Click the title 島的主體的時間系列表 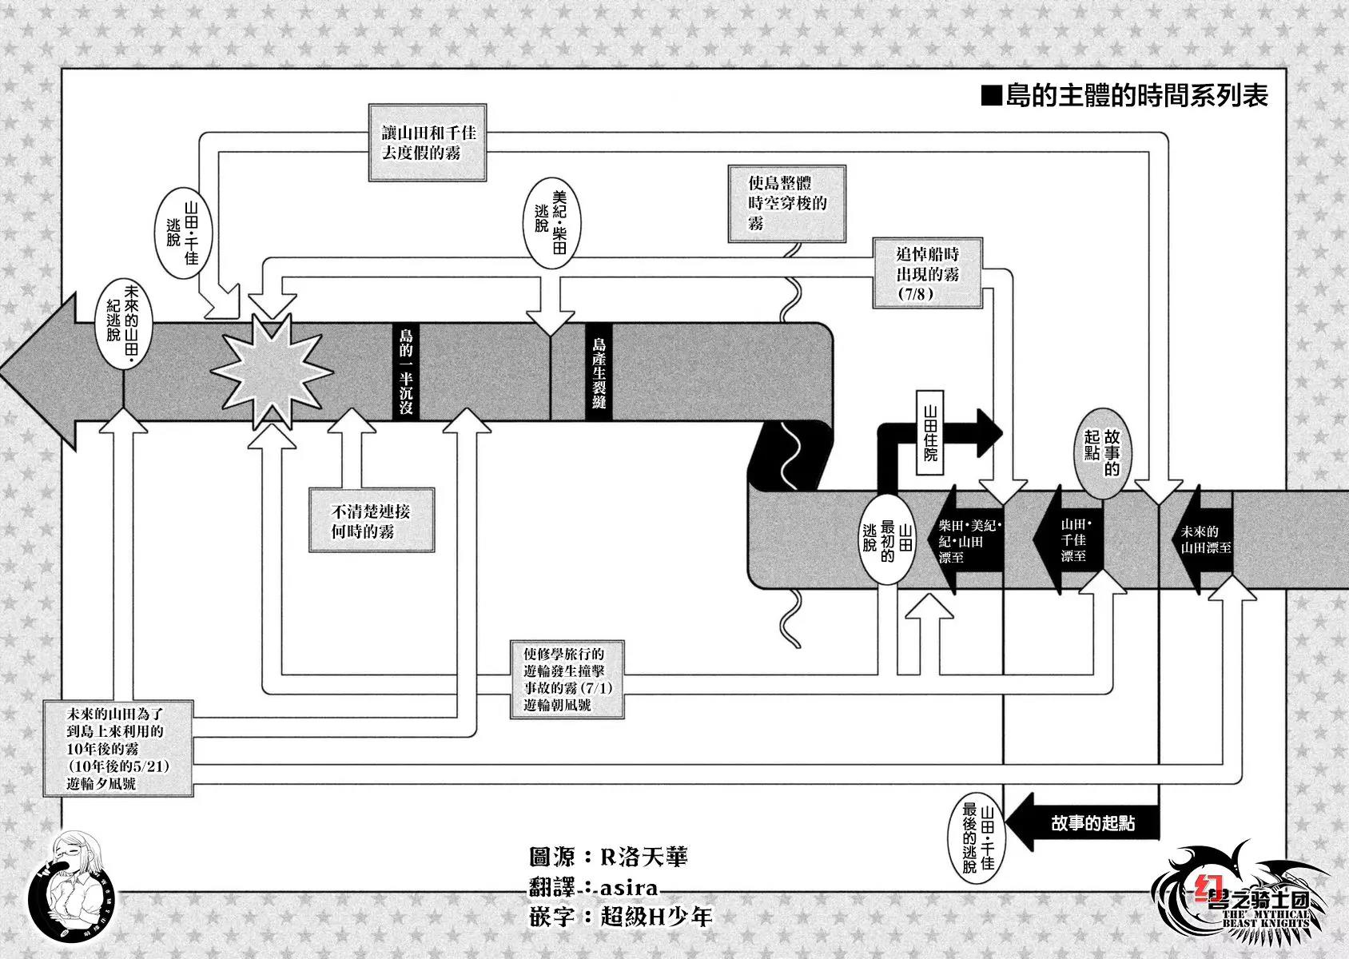(1124, 97)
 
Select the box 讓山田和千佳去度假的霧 (428, 143)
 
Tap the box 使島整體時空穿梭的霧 (786, 204)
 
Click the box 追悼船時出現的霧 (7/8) (927, 273)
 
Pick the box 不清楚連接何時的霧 (372, 520)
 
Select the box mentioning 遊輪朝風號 (567, 679)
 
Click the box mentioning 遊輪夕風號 (117, 749)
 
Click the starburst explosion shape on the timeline (272, 372)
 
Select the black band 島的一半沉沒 (406, 372)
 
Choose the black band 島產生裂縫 (599, 372)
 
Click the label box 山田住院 (929, 433)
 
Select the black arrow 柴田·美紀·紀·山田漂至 (969, 540)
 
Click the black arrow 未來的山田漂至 (1204, 540)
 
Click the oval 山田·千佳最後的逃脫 (979, 838)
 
